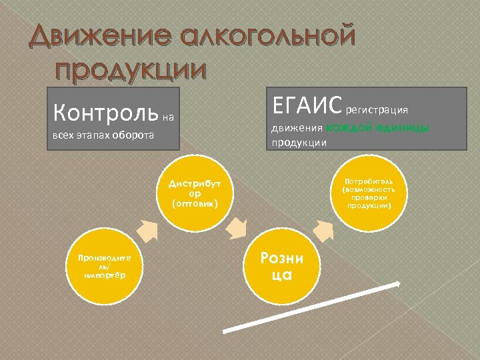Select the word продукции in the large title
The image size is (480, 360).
pyautogui.click(x=131, y=69)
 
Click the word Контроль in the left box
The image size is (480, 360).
pyautogui.click(x=105, y=111)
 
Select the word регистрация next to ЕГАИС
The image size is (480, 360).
pyautogui.click(x=376, y=108)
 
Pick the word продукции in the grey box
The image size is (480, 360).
pyautogui.click(x=298, y=141)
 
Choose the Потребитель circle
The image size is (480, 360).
pyautogui.click(x=369, y=193)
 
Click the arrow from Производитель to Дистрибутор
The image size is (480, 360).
pyautogui.click(x=147, y=231)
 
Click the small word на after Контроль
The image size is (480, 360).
pyautogui.click(x=167, y=118)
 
